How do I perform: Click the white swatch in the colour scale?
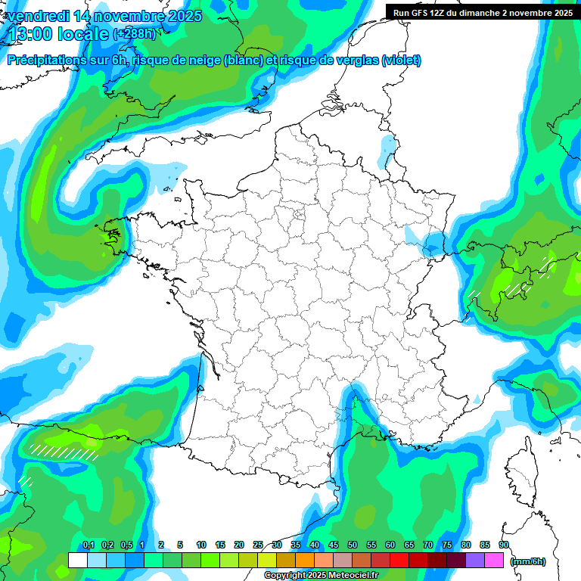coord(77,561)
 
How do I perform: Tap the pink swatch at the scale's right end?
coord(494,561)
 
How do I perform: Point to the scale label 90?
coord(503,545)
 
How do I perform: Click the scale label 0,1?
coord(89,545)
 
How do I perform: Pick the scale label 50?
coord(353,545)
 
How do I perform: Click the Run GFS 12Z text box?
coord(482,12)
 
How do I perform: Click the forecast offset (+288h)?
coord(134,34)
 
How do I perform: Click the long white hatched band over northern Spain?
coord(64,452)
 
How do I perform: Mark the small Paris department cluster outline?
coord(299,218)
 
